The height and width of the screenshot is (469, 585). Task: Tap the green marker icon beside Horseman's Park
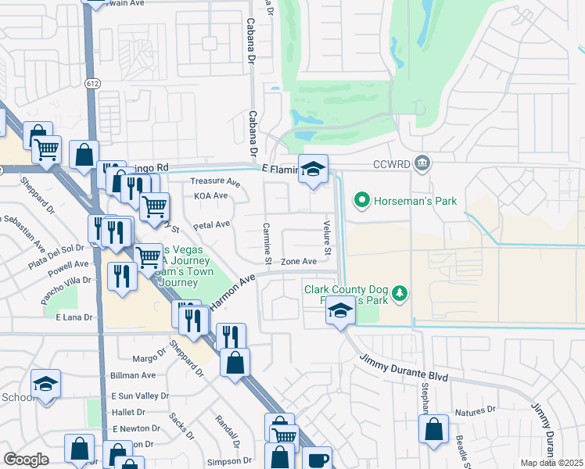click(361, 201)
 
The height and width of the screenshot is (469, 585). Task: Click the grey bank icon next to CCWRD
click(422, 163)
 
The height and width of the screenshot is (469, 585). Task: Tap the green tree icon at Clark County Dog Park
click(400, 293)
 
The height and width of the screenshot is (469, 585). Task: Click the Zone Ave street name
click(298, 261)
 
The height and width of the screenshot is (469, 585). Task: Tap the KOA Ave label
click(210, 195)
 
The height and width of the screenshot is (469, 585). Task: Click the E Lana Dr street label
click(74, 317)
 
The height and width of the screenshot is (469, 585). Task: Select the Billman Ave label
click(129, 376)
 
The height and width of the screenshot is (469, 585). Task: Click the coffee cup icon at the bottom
click(317, 460)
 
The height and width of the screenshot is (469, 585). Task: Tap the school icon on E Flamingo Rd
click(313, 169)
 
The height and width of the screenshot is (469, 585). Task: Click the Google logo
click(26, 460)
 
